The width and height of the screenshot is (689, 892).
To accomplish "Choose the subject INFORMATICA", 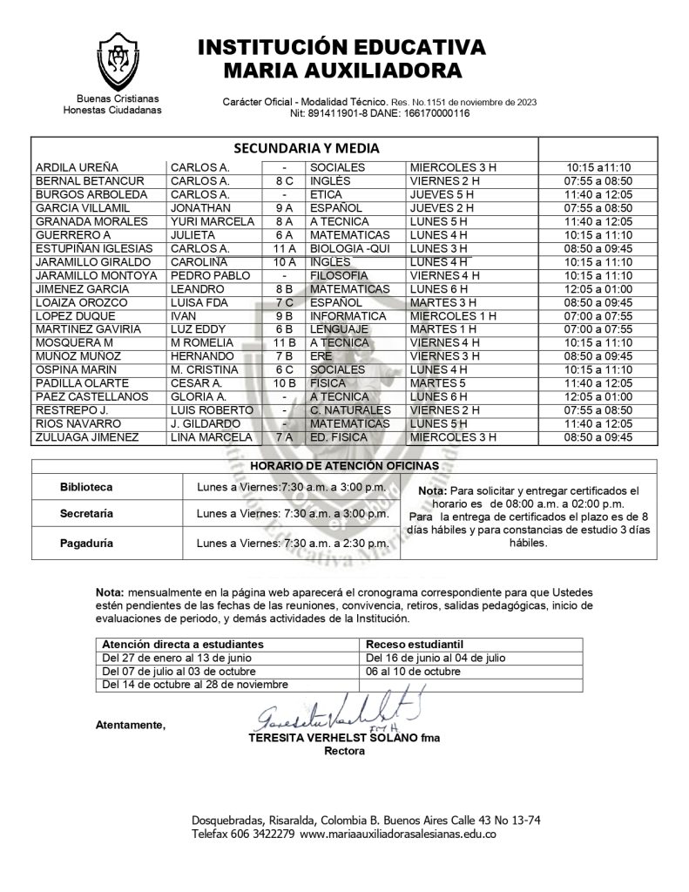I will click(x=348, y=315).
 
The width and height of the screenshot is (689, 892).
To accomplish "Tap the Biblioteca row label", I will click(x=86, y=486).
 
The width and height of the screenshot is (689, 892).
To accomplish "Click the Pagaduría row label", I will click(x=86, y=542).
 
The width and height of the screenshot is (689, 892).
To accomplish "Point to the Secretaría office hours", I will click(x=293, y=514).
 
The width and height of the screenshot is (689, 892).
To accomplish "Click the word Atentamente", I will click(x=131, y=725).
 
